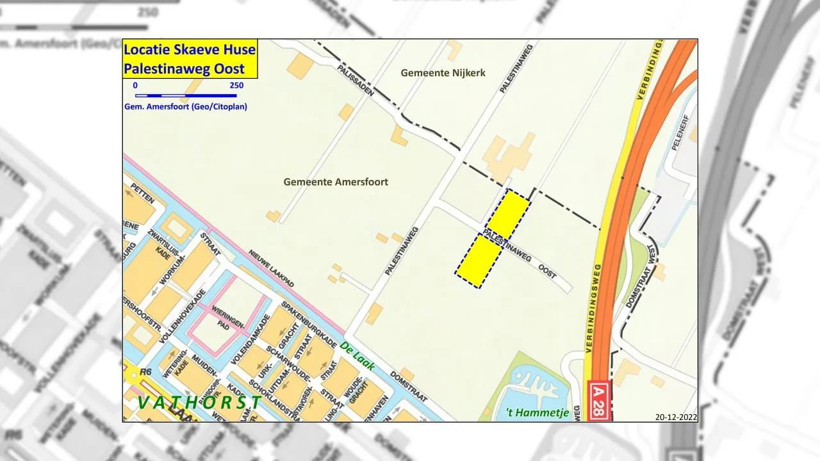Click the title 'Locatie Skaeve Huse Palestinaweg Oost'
pyautogui.click(x=190, y=59)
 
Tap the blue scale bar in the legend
pyautogui.click(x=186, y=95)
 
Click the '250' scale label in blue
pyautogui.click(x=236, y=86)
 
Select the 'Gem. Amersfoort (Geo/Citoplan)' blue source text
pyautogui.click(x=186, y=106)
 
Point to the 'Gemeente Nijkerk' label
pyautogui.click(x=443, y=73)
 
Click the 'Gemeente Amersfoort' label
pyautogui.click(x=336, y=182)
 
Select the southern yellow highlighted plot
pyautogui.click(x=478, y=261)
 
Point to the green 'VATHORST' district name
pyautogui.click(x=199, y=403)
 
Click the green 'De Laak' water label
pyautogui.click(x=357, y=355)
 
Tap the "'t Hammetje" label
pyautogui.click(x=537, y=413)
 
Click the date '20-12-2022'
pyautogui.click(x=676, y=417)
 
